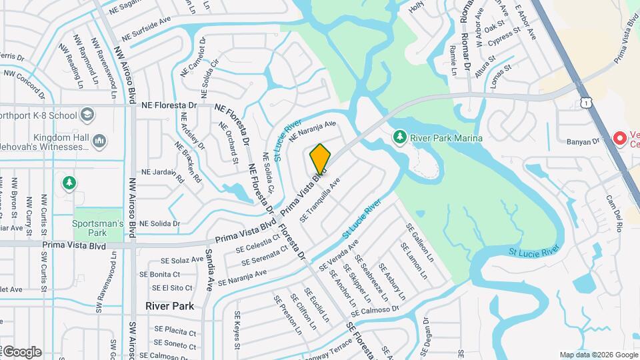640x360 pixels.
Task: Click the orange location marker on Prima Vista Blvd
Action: pos(320,159)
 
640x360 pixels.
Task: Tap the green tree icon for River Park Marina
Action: pos(400,137)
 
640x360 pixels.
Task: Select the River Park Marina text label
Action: pos(447,138)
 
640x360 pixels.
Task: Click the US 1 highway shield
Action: pos(585,102)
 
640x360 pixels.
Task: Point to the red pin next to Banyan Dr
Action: pos(619,139)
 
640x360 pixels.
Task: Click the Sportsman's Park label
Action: pos(98,228)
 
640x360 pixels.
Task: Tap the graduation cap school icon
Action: pos(87,115)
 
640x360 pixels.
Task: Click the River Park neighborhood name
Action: pos(170,306)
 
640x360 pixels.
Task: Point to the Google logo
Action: pos(21,352)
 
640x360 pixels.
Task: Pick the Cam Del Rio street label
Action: pos(613,213)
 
